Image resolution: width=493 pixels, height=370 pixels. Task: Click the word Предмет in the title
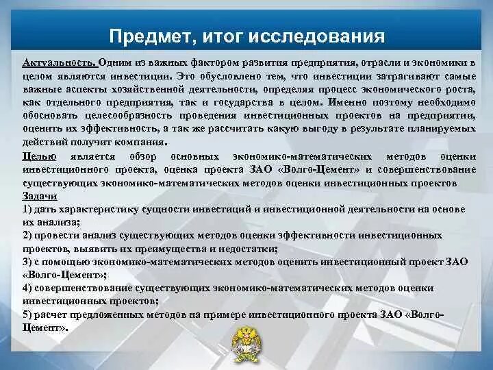[x=145, y=35]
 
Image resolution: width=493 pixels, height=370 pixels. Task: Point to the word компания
[x=144, y=143]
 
